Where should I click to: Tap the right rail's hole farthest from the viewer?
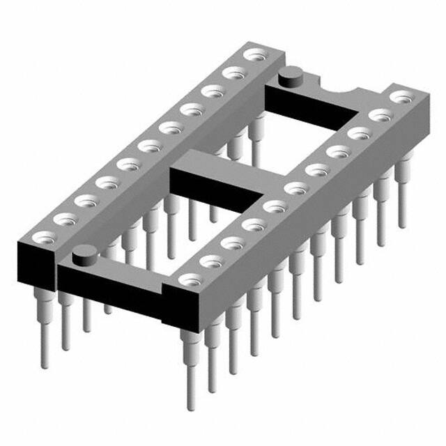coord(399,96)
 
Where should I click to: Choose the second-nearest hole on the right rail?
coord(210,261)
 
